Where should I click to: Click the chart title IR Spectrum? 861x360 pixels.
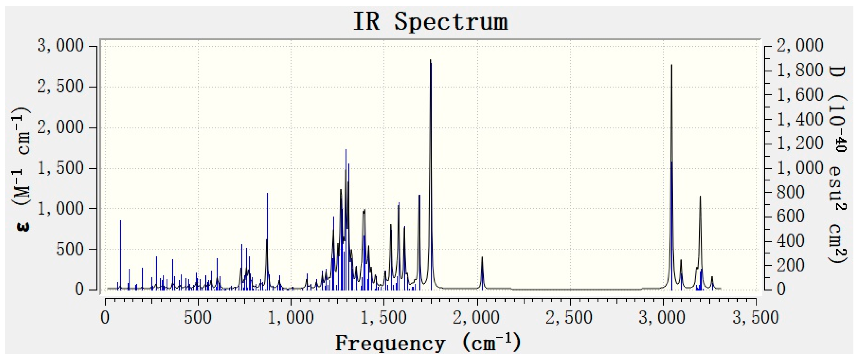tap(430, 22)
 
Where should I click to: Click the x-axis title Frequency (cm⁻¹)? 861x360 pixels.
tap(428, 343)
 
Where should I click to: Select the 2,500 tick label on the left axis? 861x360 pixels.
tap(60, 87)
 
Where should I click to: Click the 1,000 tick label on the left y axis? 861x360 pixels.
tap(60, 209)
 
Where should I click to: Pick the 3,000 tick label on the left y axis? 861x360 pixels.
tap(60, 46)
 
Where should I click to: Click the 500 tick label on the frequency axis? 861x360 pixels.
tap(198, 317)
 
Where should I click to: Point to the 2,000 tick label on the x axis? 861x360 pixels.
tap(477, 317)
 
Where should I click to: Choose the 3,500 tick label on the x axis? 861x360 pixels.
tap(756, 317)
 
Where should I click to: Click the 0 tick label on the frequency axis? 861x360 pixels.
tap(105, 317)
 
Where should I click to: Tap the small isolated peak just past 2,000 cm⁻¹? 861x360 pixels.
tap(482, 258)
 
